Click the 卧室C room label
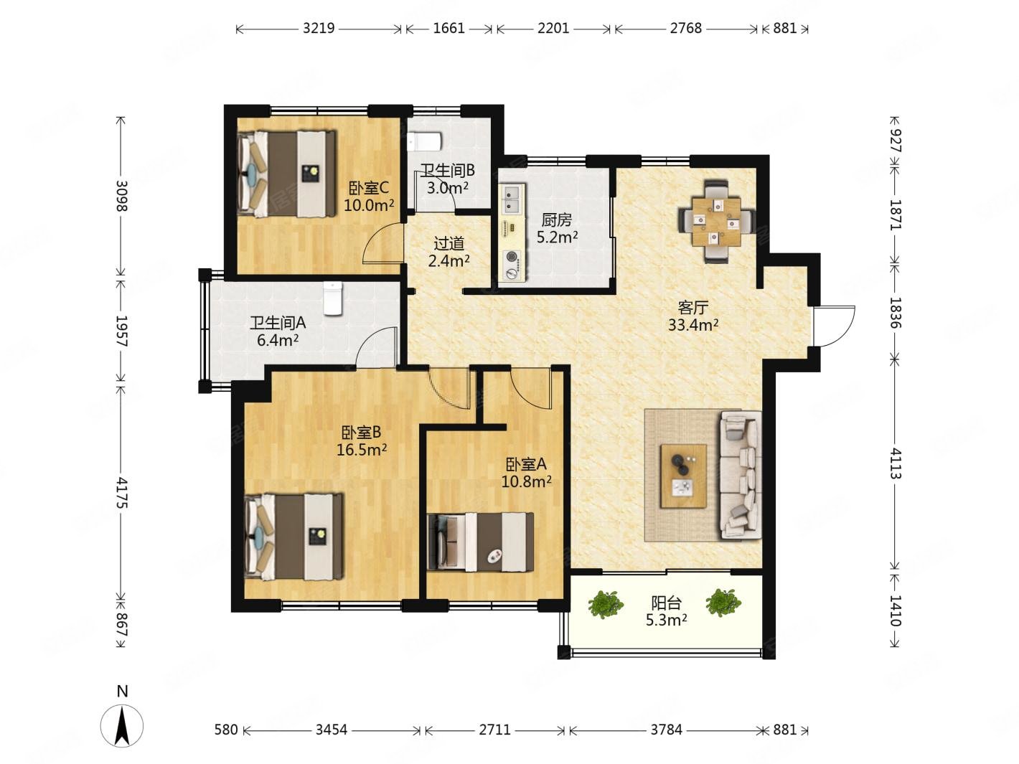pos(369,188)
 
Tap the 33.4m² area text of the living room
pos(692,325)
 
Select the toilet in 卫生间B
pos(424,141)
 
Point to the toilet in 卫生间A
pos(332,298)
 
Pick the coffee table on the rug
pos(684,476)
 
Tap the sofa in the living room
pos(740,475)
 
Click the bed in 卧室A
pos(480,542)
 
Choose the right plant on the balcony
pos(723,602)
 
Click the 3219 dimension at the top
pos(319,29)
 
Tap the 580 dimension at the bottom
pos(225,730)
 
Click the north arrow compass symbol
pos(122,726)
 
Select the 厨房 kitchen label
pos(557,220)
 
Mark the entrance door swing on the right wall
pos(834,326)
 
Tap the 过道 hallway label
pos(449,243)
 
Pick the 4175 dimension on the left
pos(121,492)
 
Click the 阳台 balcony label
pos(666,603)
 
